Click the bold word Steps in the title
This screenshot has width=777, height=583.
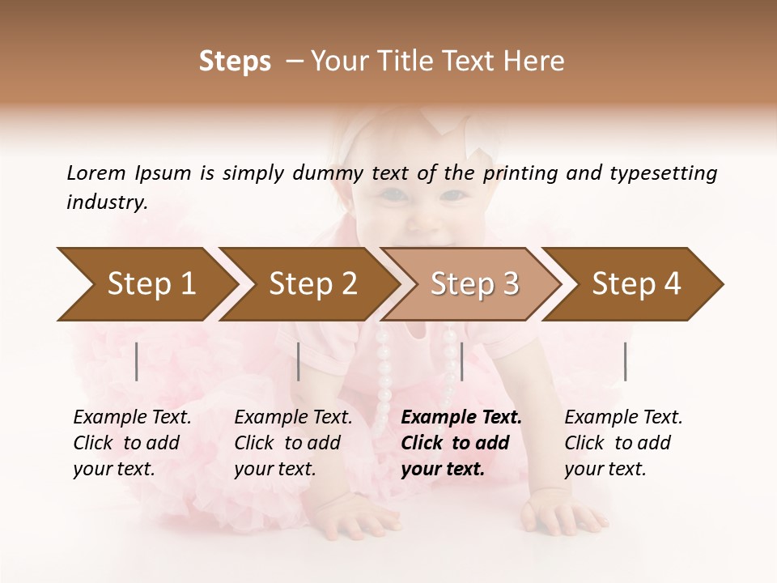(235, 62)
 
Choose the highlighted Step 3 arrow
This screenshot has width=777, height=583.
(474, 284)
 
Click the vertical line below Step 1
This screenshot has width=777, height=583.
(137, 361)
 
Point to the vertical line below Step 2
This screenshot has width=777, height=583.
(299, 361)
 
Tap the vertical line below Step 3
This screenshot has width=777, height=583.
(461, 361)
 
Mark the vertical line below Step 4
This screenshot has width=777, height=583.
(625, 361)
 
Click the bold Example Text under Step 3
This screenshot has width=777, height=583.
(461, 418)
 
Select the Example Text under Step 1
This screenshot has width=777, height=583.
(132, 418)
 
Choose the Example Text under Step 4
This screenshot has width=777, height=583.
(623, 418)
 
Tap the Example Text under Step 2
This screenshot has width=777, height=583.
(293, 418)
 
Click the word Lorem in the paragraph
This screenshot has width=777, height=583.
(96, 173)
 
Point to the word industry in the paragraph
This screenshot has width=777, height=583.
(107, 202)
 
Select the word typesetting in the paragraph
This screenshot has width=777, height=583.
(669, 173)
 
